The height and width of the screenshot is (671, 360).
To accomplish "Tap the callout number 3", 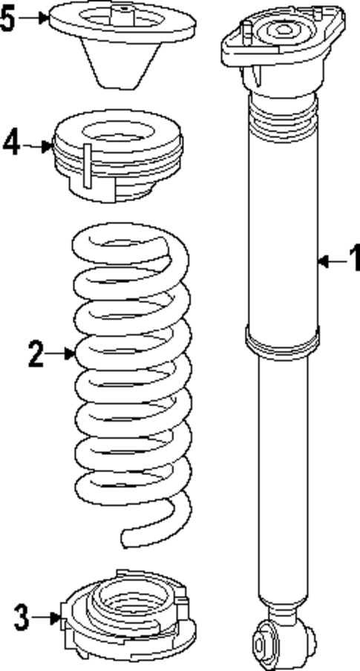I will (x=22, y=615).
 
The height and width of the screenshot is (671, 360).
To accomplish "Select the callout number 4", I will (x=11, y=143).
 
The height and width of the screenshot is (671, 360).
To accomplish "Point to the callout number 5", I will (x=7, y=18).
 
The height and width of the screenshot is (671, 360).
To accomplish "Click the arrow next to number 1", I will (x=331, y=260).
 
